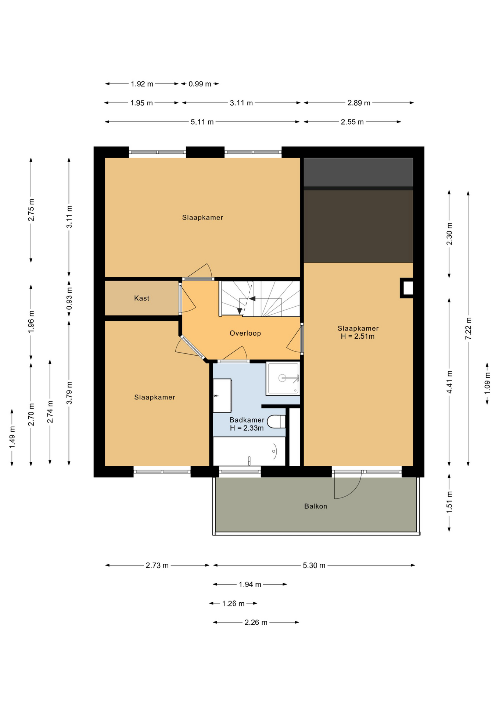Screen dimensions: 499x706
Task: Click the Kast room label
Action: pyautogui.click(x=141, y=298)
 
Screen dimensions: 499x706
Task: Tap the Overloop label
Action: pyautogui.click(x=245, y=334)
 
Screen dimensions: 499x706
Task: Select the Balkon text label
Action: pyautogui.click(x=316, y=506)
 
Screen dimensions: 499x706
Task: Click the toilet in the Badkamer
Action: pyautogui.click(x=276, y=422)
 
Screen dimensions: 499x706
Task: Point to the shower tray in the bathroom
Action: pyautogui.click(x=283, y=378)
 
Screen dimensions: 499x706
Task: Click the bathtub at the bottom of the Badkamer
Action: pyautogui.click(x=249, y=451)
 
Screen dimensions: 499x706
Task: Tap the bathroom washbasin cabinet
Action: pyautogui.click(x=222, y=396)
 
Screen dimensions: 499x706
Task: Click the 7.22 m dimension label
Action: pyautogui.click(x=468, y=328)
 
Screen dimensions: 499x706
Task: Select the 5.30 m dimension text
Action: pyautogui.click(x=314, y=565)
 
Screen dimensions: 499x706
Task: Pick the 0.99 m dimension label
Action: pyautogui.click(x=200, y=84)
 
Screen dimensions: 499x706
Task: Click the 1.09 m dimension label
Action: pyautogui.click(x=487, y=384)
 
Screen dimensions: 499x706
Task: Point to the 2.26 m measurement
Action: pyautogui.click(x=256, y=622)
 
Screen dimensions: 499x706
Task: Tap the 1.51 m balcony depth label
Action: pyautogui.click(x=449, y=502)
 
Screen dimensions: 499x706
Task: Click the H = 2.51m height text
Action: pyautogui.click(x=358, y=336)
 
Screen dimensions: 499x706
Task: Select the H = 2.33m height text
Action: pyautogui.click(x=247, y=428)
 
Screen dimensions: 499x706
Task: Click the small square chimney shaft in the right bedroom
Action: pyautogui.click(x=407, y=288)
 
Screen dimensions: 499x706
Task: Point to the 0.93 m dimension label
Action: pyautogui.click(x=69, y=299)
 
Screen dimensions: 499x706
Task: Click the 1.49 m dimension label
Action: pyautogui.click(x=12, y=437)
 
